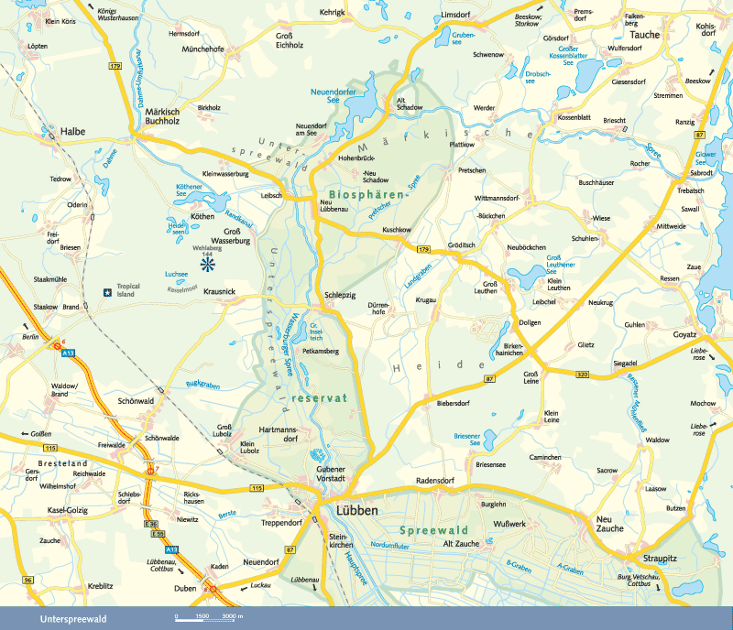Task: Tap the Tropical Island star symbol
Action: pos(108,292)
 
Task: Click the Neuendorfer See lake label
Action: pos(336,97)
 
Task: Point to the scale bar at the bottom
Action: pos(209,619)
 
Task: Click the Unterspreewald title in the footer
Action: pos(73,619)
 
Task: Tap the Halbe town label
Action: pos(73,132)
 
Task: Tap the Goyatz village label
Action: pos(685,336)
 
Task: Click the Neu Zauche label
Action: pos(609,524)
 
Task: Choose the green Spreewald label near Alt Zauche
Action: pos(434,530)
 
